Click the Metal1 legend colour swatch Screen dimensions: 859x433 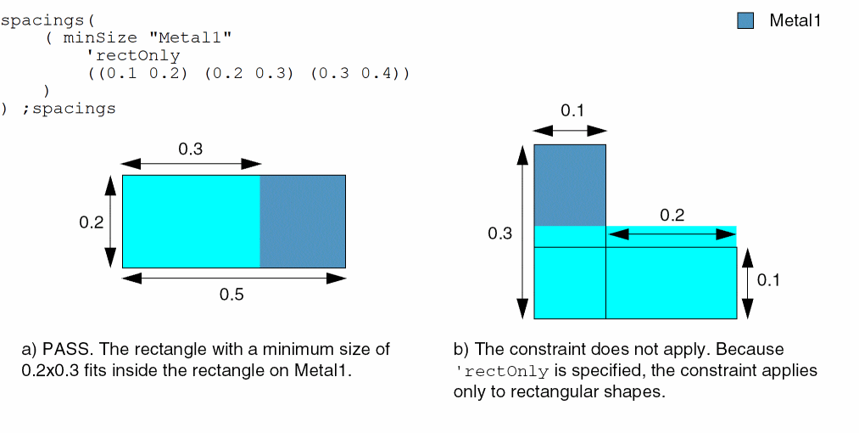745,21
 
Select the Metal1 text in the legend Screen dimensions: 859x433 795,20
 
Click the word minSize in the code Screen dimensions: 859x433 100,38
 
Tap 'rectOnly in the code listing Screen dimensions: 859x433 133,56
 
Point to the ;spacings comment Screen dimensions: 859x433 69,109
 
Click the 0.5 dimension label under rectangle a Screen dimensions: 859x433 231,295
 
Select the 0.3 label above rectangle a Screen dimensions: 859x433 191,149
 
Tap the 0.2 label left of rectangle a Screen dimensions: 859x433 92,222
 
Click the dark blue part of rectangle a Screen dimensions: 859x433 303,222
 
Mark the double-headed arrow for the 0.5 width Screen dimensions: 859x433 234,278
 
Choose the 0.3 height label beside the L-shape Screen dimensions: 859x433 500,233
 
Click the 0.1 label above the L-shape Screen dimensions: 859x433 572,111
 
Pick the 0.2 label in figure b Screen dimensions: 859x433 672,215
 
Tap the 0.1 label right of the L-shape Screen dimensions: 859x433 768,280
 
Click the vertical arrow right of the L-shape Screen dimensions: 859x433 748,284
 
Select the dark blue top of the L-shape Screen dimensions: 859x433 570,185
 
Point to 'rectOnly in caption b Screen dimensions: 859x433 501,371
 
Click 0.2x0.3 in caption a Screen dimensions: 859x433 50,370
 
